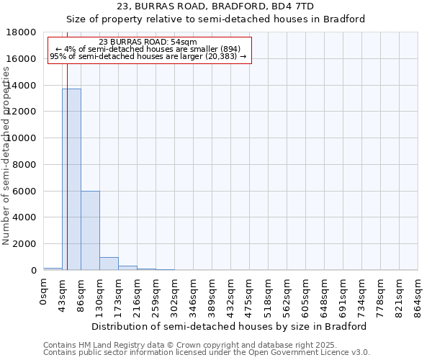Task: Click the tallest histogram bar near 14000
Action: (71, 179)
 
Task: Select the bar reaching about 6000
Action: (90, 230)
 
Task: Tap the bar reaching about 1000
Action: (109, 264)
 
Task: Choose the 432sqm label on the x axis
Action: (231, 296)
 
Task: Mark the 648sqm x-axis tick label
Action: (325, 296)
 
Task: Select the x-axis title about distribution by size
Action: (230, 326)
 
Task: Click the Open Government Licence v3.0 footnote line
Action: (207, 353)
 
